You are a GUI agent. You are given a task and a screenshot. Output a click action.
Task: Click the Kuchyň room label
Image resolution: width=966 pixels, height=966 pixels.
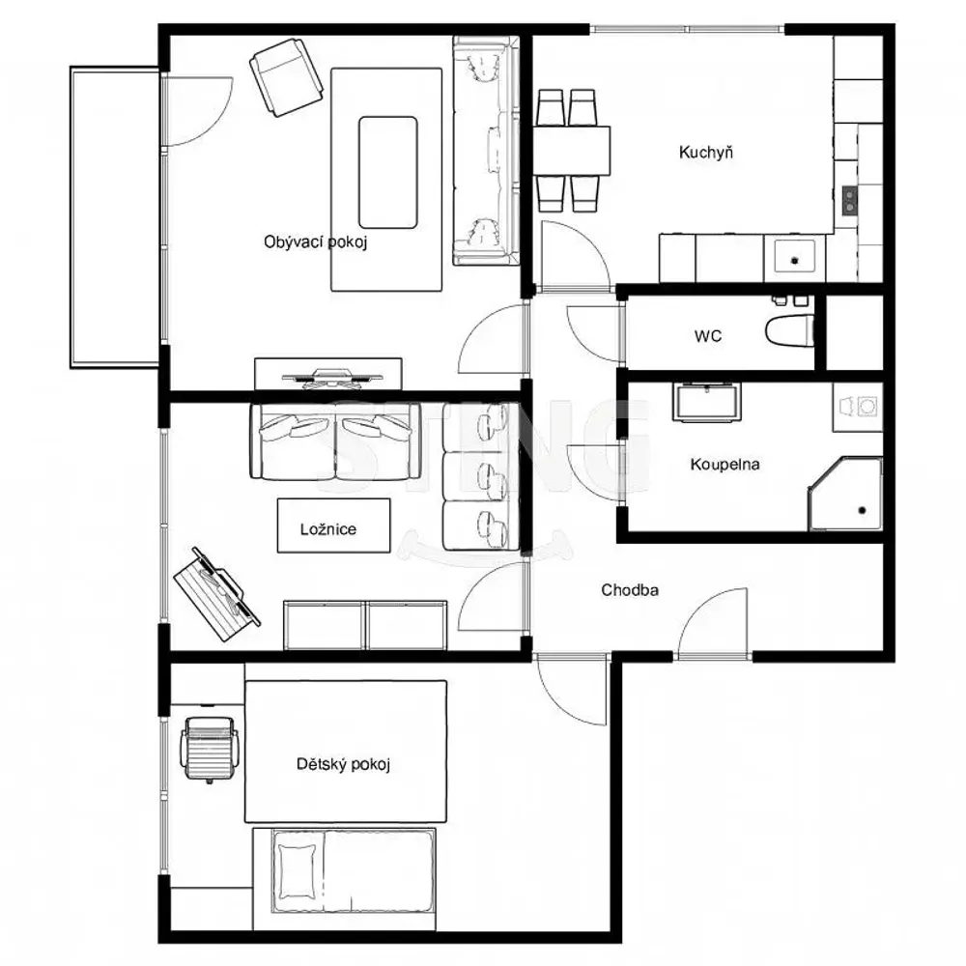click(x=706, y=153)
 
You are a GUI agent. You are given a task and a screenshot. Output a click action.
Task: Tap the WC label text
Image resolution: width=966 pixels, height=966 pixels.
click(x=708, y=336)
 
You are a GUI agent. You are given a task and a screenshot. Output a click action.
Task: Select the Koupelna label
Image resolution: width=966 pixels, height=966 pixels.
click(x=724, y=464)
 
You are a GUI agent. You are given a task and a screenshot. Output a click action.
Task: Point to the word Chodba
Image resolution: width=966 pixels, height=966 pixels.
click(x=630, y=589)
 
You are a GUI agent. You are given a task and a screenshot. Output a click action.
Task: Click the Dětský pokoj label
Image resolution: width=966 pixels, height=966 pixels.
click(x=343, y=764)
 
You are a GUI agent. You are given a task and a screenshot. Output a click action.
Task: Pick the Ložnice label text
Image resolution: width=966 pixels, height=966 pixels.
click(x=328, y=529)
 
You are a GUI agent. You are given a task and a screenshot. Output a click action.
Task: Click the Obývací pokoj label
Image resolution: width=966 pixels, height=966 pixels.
click(x=316, y=242)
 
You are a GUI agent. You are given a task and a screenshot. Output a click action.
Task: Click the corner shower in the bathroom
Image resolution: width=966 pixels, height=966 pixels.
click(x=845, y=494)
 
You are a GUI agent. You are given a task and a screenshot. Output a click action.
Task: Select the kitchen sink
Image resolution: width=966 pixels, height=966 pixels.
click(x=795, y=259)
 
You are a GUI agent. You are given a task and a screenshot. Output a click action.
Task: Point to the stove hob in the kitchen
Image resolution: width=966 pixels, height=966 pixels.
click(x=849, y=200)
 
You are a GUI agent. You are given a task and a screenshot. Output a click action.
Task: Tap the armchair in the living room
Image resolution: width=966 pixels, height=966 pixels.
click(x=286, y=77)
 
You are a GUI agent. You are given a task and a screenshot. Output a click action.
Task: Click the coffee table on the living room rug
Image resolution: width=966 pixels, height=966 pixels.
click(x=387, y=173)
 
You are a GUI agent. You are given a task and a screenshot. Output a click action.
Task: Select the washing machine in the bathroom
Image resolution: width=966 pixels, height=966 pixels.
click(x=858, y=407)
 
